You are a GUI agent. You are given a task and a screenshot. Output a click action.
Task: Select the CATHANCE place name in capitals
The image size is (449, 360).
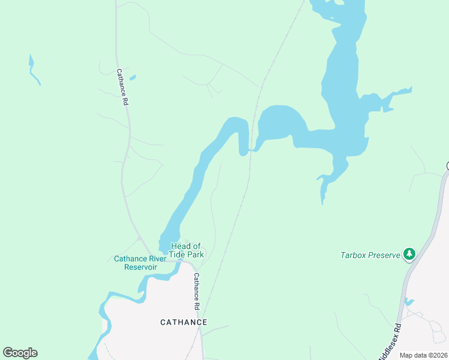click(x=184, y=322)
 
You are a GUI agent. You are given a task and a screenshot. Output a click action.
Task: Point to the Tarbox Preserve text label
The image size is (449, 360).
click(x=370, y=255)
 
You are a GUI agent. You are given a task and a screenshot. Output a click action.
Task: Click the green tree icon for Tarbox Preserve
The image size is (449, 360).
click(x=409, y=254)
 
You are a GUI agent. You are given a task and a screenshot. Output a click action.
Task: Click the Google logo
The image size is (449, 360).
click(x=20, y=353)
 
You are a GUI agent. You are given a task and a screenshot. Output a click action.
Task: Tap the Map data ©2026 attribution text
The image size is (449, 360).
click(x=423, y=355)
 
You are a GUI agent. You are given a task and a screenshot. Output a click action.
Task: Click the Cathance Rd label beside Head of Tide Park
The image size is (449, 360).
click(x=197, y=287)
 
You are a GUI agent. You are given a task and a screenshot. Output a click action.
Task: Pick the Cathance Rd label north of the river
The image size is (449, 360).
click(x=122, y=87)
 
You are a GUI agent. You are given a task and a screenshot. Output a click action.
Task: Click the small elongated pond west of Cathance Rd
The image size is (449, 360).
click(x=34, y=70)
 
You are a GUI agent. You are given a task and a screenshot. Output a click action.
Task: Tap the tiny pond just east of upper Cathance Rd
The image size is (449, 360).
click(x=133, y=77)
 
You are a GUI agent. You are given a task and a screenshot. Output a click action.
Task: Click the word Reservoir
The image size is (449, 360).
click(x=140, y=267)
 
